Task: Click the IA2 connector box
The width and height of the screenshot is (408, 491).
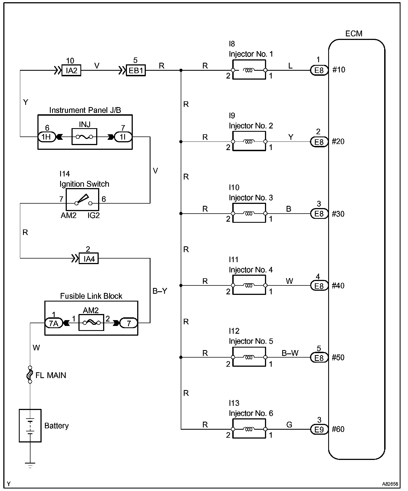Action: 72,70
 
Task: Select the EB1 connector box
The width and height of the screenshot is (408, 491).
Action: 136,70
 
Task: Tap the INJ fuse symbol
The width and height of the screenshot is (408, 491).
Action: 84,136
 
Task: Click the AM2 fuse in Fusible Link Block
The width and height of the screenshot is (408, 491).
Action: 91,323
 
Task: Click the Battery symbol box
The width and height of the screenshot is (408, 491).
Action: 30,426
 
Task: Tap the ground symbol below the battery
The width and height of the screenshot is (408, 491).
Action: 30,465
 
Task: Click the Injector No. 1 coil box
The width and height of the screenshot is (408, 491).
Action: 249,70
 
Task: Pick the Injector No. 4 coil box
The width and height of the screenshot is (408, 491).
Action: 249,285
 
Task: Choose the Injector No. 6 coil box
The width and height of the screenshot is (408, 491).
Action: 249,429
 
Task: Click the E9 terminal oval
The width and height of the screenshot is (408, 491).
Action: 319,429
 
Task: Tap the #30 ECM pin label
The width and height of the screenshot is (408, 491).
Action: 338,214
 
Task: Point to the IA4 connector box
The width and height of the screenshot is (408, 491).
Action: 89,259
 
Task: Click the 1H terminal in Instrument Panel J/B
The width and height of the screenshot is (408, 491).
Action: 47,137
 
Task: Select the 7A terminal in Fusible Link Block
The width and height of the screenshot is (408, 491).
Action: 54,323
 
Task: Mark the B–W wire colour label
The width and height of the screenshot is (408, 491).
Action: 290,353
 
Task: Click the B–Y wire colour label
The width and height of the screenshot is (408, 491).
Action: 160,291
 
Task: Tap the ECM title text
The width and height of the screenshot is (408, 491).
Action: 354,34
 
